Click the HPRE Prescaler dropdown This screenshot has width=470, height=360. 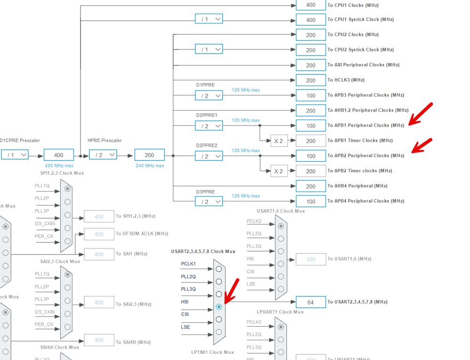point(103,155)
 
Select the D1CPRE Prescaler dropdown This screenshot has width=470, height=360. point(15,155)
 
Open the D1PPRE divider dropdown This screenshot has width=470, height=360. point(209,96)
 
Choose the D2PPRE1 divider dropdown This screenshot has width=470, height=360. point(209,126)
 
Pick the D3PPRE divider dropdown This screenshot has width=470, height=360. point(209,201)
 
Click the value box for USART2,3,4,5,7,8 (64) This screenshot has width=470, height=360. point(311,302)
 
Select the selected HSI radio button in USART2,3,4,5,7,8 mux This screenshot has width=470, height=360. point(219,307)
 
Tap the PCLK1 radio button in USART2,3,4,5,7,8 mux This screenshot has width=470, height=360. point(219,269)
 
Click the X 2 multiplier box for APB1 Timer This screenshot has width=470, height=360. point(279,141)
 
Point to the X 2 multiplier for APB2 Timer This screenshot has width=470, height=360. point(279,171)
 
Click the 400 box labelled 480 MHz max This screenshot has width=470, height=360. point(59,155)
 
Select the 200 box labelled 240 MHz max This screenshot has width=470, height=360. point(149,155)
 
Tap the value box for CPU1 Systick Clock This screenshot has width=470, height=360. point(311,20)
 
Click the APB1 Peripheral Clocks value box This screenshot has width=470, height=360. point(311,126)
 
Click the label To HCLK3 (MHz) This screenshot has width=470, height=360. point(346,80)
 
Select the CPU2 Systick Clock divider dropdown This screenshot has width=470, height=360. point(209,49)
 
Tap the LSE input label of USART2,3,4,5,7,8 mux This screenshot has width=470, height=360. point(185,327)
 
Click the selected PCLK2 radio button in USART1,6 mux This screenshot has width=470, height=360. point(281,226)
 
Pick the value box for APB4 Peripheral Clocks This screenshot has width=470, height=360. point(311,201)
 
